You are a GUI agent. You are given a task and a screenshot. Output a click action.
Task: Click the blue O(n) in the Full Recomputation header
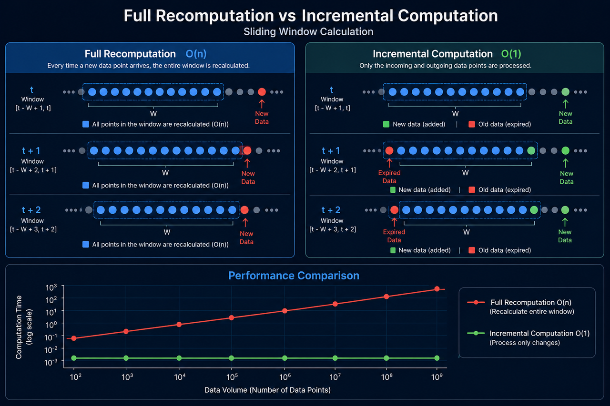[196, 54]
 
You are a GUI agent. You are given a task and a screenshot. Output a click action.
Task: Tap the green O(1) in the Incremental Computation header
[511, 54]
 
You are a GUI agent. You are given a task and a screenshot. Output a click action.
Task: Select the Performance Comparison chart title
[294, 276]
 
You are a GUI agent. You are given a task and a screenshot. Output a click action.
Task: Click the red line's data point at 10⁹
[437, 289]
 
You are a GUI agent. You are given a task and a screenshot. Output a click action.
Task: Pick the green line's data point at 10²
[74, 358]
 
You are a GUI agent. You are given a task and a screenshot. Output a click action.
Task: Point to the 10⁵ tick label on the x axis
[232, 377]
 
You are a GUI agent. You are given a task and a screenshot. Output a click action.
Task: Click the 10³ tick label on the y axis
[51, 287]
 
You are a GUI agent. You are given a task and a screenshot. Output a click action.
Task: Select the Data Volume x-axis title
[267, 390]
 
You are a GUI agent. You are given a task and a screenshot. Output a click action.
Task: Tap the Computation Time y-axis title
[23, 327]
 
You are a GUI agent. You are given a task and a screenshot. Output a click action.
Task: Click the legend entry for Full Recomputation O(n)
[520, 307]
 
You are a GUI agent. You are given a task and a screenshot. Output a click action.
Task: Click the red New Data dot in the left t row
[262, 92]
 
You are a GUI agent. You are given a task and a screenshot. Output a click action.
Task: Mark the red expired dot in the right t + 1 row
[389, 150]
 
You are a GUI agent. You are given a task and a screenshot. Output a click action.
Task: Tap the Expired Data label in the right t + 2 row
[394, 236]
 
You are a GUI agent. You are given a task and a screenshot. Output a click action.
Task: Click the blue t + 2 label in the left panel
[31, 210]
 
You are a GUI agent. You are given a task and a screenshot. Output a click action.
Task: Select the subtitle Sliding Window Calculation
[308, 32]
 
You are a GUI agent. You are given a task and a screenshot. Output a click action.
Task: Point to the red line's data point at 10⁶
[285, 311]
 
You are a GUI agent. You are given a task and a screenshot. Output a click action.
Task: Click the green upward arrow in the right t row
[566, 104]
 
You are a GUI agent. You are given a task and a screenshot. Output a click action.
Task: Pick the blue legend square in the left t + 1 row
[85, 185]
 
